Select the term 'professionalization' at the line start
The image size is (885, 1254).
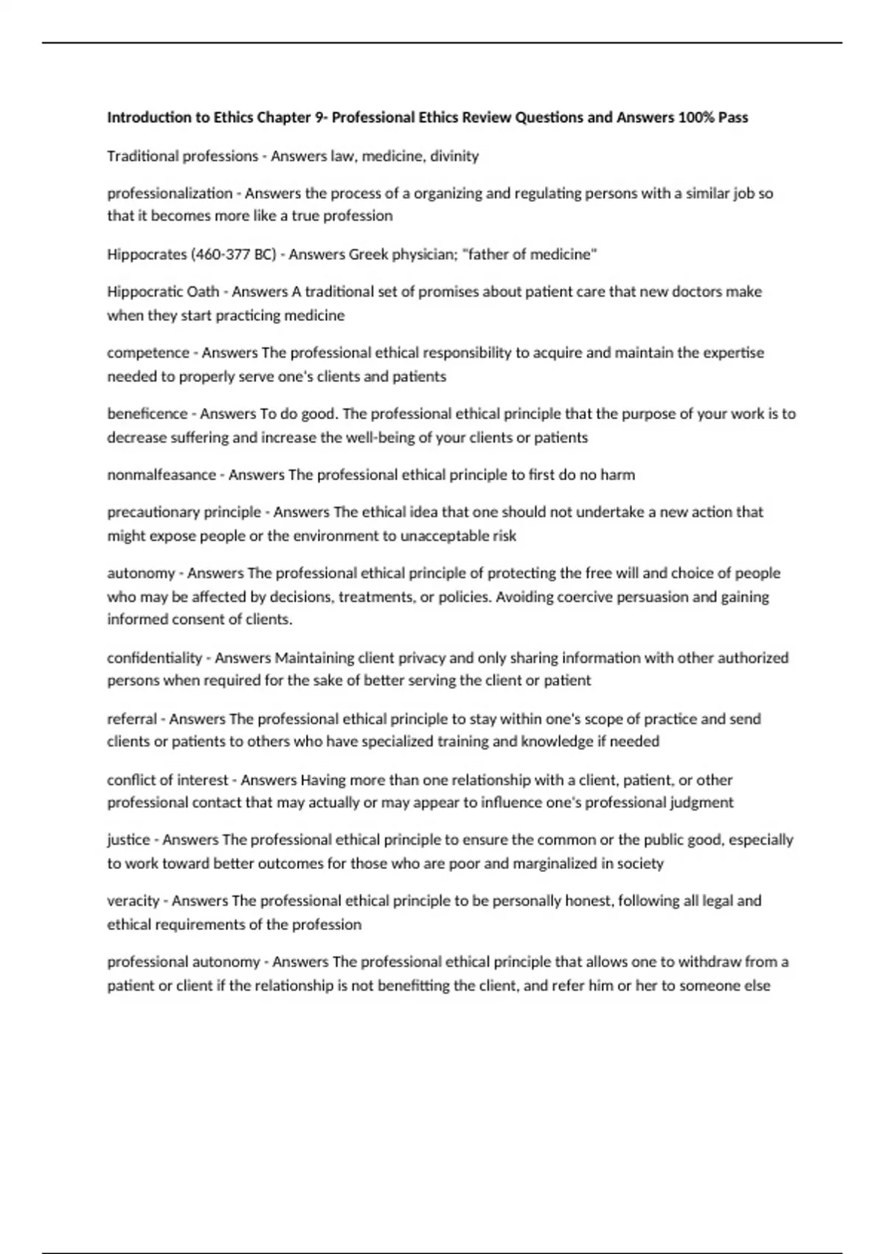coord(170,193)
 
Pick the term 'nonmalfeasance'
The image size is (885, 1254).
coord(162,475)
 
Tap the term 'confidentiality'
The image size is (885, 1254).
coord(154,657)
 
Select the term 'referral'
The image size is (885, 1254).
coord(132,718)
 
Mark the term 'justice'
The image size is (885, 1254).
coord(128,839)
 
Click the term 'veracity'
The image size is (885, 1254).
coord(133,901)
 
